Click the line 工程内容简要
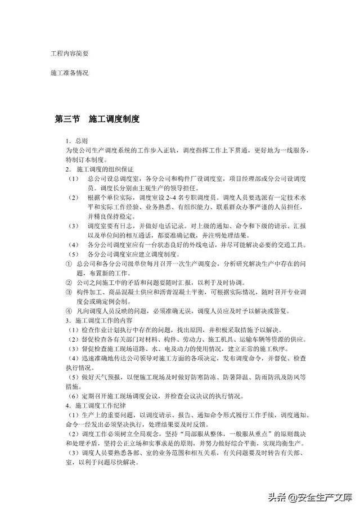point(69,53)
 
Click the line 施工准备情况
point(69,73)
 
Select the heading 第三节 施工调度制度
point(96,119)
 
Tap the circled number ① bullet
point(67,263)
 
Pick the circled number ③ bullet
point(67,292)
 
